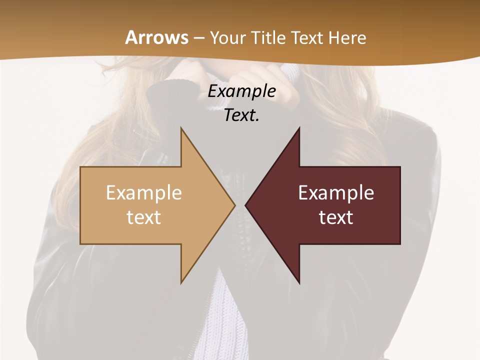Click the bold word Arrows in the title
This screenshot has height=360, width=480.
[x=156, y=37]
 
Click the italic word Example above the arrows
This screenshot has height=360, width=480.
[x=242, y=91]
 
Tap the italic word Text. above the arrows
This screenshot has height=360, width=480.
[x=242, y=115]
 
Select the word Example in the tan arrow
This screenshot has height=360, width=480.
[x=144, y=193]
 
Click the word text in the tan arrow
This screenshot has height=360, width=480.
[x=144, y=217]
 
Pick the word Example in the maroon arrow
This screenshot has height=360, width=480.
[x=336, y=193]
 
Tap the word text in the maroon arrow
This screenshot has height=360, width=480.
[x=336, y=217]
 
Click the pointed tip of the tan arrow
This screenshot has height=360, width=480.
[x=234, y=205]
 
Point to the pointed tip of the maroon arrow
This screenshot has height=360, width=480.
[x=245, y=205]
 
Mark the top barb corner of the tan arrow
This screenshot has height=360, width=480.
[x=181, y=128]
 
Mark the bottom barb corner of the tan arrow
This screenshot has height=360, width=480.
[x=181, y=282]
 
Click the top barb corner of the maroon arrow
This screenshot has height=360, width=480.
[x=299, y=128]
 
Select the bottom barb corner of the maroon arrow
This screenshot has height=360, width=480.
[x=299, y=282]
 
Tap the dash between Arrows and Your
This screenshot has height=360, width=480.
[x=199, y=38]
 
